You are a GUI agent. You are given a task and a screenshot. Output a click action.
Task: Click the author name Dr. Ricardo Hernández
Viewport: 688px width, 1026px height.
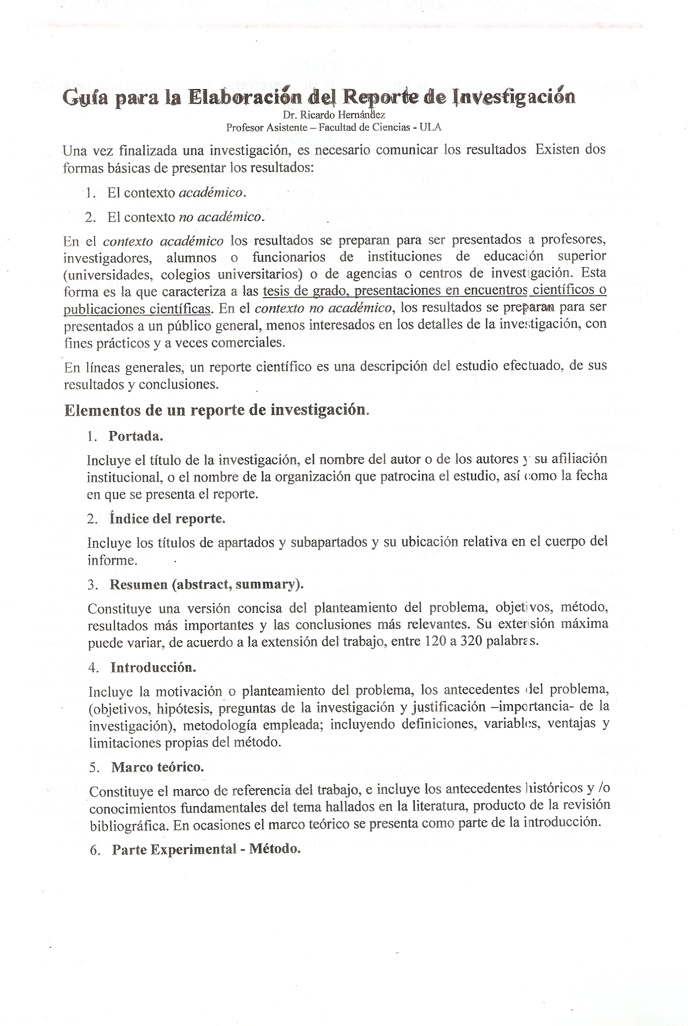point(334,115)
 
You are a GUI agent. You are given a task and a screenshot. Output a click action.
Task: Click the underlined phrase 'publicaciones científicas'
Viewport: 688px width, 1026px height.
point(137,309)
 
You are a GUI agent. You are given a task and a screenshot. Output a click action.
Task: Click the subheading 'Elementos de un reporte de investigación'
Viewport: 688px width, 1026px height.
point(216,410)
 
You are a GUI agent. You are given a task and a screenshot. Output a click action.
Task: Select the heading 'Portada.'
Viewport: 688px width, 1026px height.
point(136,436)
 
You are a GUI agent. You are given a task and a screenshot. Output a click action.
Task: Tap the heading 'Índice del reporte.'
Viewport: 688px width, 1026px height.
point(167,519)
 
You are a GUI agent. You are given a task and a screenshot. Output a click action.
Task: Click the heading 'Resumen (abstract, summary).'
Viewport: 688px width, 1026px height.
point(207,585)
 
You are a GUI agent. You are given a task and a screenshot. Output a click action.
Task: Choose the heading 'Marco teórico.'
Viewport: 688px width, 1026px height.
point(157,767)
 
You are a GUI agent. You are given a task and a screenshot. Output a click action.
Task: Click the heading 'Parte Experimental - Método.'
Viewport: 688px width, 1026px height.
point(206,850)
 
